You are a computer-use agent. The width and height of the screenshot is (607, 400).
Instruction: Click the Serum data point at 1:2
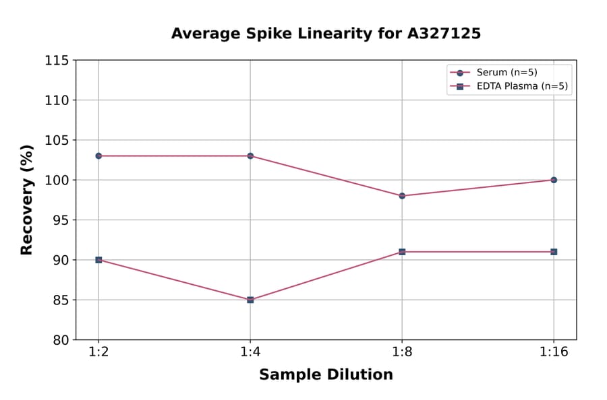point(98,156)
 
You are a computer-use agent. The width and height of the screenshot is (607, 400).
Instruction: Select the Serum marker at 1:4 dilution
point(250,156)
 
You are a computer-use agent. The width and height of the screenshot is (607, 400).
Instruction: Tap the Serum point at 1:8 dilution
point(402,196)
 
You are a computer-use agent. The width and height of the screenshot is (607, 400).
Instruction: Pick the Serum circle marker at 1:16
point(554,180)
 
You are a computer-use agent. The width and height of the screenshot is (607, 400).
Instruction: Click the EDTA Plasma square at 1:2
point(98,260)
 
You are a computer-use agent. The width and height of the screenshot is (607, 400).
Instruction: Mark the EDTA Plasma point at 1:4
point(250,300)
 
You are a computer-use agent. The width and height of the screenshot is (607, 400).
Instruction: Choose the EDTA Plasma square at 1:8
point(402,252)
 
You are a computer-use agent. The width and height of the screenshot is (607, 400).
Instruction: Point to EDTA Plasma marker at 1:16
point(554,252)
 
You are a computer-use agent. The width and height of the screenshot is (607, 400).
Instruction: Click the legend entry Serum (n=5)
point(507,73)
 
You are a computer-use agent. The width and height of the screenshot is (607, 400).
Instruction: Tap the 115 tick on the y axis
point(57,61)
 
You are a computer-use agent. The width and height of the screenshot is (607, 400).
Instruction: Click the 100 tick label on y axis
point(57,180)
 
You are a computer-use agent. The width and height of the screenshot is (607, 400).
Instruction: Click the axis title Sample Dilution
point(326,375)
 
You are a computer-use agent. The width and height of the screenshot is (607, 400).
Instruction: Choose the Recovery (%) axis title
point(27,200)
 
